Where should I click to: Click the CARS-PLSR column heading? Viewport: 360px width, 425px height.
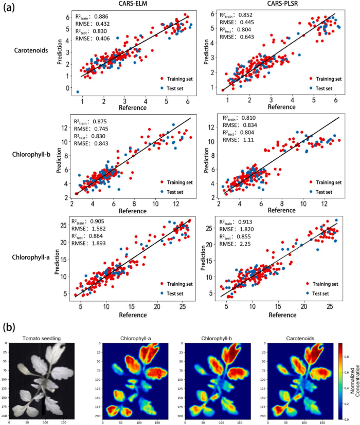point(272,6)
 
